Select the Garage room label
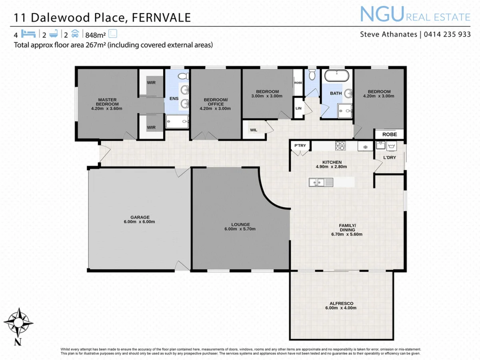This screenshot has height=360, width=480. [x=139, y=217]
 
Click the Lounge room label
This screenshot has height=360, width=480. [x=240, y=224]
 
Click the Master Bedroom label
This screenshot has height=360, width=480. [x=106, y=102]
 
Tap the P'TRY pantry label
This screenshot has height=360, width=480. [x=300, y=146]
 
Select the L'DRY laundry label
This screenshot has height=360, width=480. [x=389, y=158]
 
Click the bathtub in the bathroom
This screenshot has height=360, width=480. [x=336, y=75]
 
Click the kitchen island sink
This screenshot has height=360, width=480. [x=318, y=183]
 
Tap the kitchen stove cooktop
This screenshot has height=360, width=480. [x=340, y=146]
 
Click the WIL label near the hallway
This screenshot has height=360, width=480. [x=254, y=130]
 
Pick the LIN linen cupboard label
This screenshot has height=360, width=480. [x=298, y=108]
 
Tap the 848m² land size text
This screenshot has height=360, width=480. [x=96, y=34]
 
